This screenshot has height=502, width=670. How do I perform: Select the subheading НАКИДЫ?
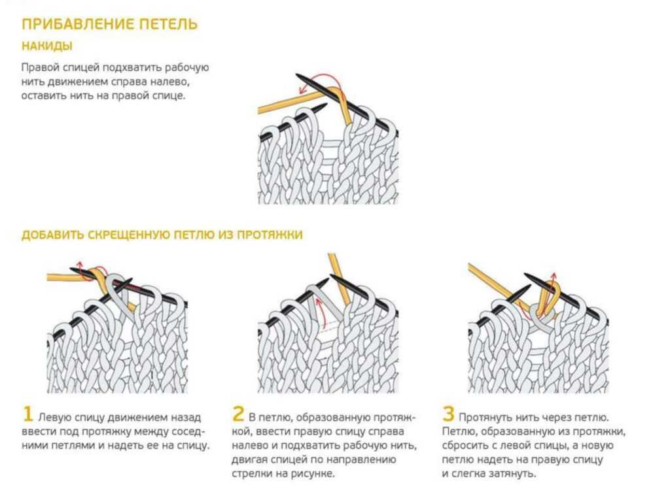(x=47, y=46)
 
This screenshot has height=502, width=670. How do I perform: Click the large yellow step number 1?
(x=27, y=414)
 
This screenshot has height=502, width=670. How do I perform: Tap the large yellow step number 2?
(x=238, y=414)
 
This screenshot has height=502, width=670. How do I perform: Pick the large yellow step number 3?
(x=448, y=414)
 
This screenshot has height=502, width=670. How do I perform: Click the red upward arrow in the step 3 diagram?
(x=553, y=290)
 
